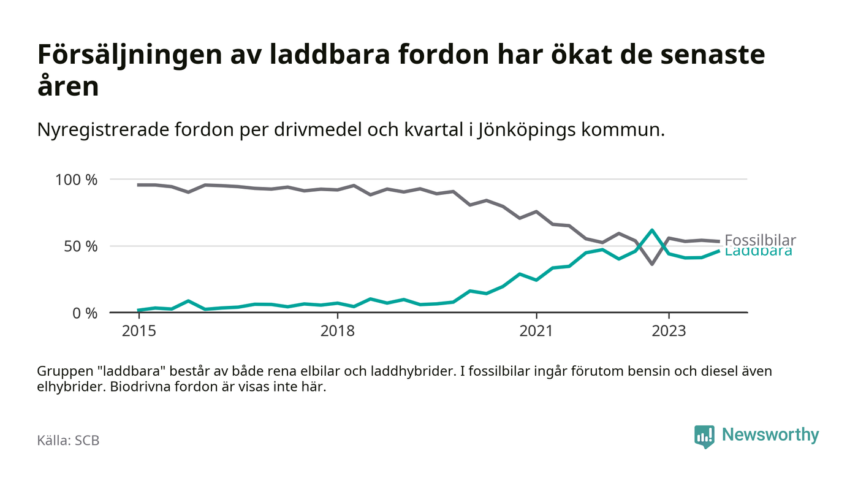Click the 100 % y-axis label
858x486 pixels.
[77, 180]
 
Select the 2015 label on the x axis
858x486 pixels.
[139, 331]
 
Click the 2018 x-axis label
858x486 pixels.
[338, 331]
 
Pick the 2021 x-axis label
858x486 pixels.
[536, 331]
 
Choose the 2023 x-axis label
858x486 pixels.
[669, 331]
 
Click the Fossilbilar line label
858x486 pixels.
[760, 240]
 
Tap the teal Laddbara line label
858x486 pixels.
[758, 252]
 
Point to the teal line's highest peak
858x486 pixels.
[652, 230]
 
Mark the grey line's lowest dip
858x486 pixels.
[652, 264]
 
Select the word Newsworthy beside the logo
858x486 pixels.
[770, 435]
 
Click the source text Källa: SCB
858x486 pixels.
[68, 440]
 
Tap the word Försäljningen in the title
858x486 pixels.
[129, 55]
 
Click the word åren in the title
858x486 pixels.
[68, 87]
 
